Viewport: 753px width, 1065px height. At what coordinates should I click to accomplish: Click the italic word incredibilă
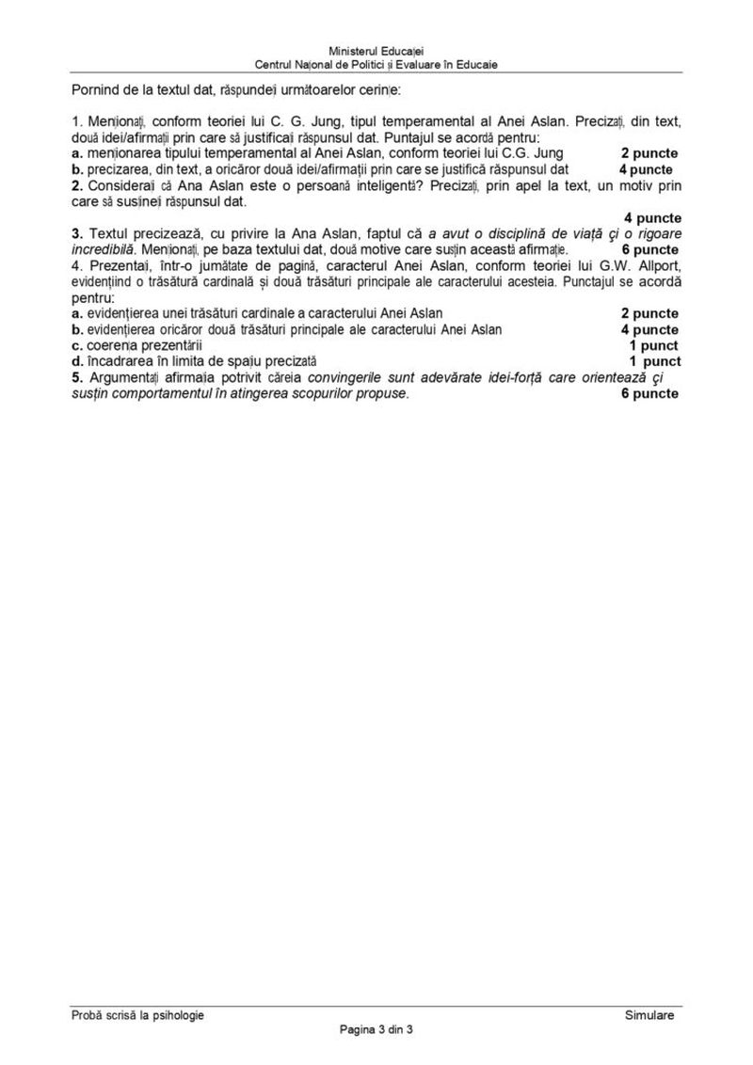point(104,249)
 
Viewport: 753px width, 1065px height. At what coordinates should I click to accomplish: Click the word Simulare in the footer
point(649,1014)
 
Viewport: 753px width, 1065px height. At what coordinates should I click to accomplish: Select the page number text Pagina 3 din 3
point(376,1028)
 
